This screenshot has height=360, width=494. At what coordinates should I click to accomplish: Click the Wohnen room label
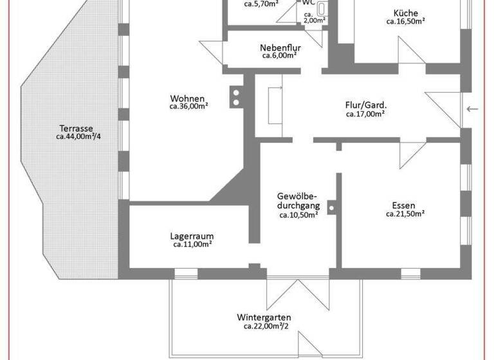click(x=188, y=98)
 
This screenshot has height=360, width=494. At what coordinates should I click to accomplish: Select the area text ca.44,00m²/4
click(x=78, y=136)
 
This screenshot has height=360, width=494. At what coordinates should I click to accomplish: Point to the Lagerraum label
click(x=192, y=236)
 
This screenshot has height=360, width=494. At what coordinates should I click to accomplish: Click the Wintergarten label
click(x=264, y=318)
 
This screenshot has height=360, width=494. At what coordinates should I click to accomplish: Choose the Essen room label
click(x=404, y=206)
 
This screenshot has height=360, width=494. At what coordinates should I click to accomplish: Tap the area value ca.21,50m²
click(x=405, y=214)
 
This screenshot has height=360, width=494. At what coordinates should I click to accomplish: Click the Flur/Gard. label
click(x=365, y=105)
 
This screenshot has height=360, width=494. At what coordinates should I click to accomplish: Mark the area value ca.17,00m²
click(x=365, y=114)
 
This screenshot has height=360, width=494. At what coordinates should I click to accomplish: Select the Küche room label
click(x=405, y=13)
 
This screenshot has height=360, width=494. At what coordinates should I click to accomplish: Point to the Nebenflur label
click(x=280, y=48)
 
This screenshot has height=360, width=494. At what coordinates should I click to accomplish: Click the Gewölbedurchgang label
click(x=298, y=200)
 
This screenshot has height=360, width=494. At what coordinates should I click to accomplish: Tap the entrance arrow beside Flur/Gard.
click(x=473, y=109)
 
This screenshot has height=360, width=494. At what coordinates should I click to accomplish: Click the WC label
click(x=309, y=3)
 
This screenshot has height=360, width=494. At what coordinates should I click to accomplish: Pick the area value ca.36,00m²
click(x=188, y=107)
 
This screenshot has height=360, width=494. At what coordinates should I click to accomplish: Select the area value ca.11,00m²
click(x=192, y=245)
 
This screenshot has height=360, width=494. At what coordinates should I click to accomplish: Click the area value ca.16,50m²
click(x=405, y=21)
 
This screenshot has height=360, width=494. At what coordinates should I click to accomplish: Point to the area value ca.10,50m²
click(x=298, y=215)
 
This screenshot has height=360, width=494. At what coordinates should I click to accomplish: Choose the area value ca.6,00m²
click(x=279, y=56)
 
